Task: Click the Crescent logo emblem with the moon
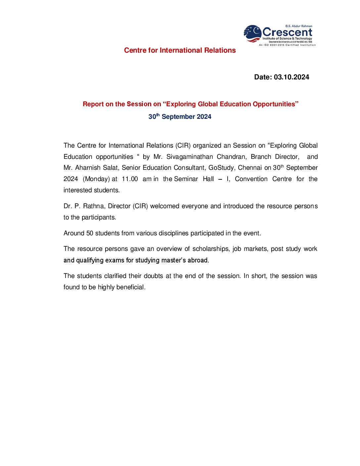point(252,33)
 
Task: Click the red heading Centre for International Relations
point(180,50)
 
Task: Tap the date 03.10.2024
point(291,77)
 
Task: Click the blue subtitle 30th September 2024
point(180,117)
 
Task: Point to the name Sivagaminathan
point(190,157)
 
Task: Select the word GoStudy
point(221,168)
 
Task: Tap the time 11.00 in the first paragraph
point(130,179)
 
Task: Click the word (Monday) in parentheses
point(96,179)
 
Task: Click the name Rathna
point(94,206)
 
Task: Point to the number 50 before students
point(90,233)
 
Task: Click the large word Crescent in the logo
point(287,32)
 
